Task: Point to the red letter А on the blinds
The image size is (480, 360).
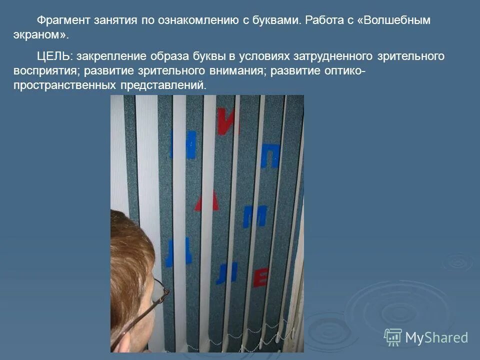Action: point(207,201)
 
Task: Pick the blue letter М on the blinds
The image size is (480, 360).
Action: point(254,216)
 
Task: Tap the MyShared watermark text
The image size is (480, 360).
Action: point(436,337)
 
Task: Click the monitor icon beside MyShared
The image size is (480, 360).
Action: point(392,337)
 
